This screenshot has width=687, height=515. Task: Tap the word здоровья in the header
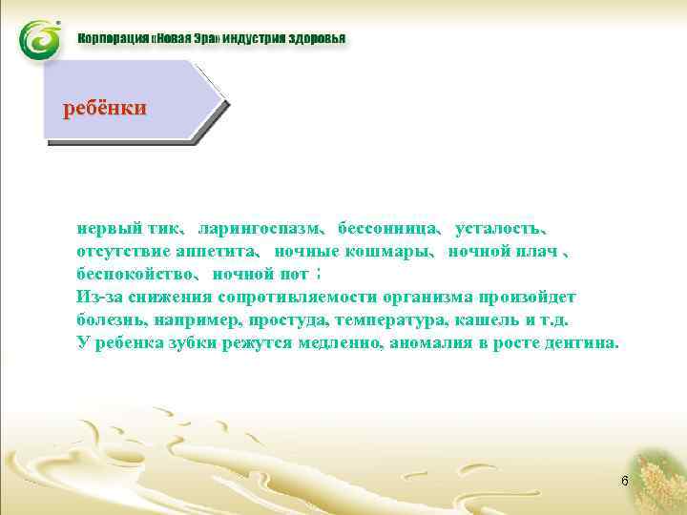[x=312, y=40]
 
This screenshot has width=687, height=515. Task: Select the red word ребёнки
[x=104, y=108]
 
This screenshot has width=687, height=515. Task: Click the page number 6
[x=624, y=481]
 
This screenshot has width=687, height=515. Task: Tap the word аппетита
[x=216, y=253]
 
